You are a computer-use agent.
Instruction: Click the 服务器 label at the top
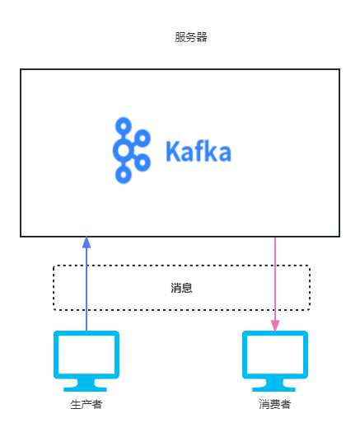click(191, 37)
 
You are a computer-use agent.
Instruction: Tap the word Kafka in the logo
click(199, 151)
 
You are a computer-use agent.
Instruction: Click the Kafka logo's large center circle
click(124, 150)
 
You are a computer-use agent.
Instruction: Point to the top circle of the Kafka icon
click(124, 126)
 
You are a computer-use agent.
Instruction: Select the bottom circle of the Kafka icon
click(124, 175)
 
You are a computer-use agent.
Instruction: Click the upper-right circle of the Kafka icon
click(143, 138)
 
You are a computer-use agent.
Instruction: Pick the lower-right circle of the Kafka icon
click(143, 162)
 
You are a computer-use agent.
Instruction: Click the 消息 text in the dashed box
click(181, 288)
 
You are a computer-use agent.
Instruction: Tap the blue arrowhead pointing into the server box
click(86, 242)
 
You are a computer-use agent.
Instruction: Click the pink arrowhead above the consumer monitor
click(275, 326)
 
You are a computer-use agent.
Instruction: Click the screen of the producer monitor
click(86, 355)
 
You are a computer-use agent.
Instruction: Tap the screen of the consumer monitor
click(275, 355)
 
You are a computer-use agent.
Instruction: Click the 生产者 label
click(86, 404)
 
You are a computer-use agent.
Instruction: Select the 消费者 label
click(275, 404)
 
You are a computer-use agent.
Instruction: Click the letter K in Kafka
click(173, 151)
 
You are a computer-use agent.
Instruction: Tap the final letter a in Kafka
click(224, 153)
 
